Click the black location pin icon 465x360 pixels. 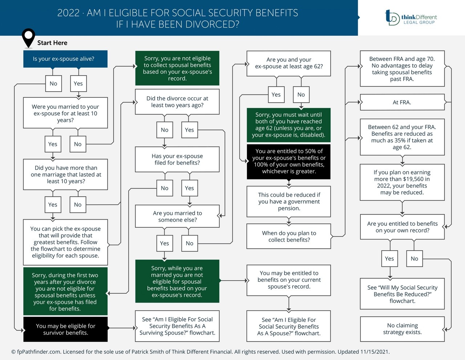click(x=28, y=37)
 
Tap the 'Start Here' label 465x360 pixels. click(x=52, y=43)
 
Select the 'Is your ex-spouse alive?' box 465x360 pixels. click(x=65, y=59)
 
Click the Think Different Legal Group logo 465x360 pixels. click(x=411, y=17)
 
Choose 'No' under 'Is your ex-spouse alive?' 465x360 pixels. click(x=53, y=84)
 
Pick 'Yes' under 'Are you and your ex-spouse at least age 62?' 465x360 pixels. click(x=276, y=95)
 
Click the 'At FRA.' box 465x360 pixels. click(x=402, y=103)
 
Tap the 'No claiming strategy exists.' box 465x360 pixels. click(x=402, y=329)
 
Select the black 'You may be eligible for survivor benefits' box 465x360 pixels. click(x=65, y=329)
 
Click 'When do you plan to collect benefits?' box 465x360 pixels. click(x=289, y=236)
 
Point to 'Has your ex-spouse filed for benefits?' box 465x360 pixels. click(x=177, y=159)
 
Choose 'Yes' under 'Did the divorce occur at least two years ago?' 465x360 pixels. click(x=189, y=130)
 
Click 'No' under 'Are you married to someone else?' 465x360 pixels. click(x=189, y=243)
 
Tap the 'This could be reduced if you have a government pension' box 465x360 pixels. click(x=289, y=201)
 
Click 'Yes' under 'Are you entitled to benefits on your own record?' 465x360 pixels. click(x=389, y=259)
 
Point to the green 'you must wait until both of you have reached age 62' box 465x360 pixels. click(x=289, y=125)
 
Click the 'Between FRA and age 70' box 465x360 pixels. click(x=402, y=69)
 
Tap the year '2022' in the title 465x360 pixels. click(x=68, y=13)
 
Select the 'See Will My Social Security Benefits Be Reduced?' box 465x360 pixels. click(x=402, y=294)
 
